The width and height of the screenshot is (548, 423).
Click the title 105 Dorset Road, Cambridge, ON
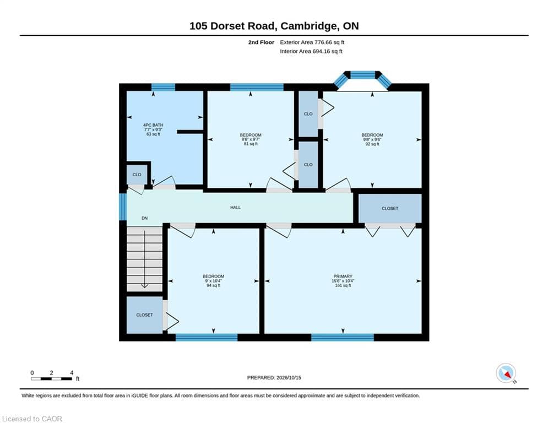(x=274, y=26)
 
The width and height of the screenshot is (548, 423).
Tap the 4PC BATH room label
(x=153, y=129)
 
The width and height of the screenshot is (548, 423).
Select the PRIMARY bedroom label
(x=343, y=281)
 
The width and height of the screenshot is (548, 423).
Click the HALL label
(x=235, y=207)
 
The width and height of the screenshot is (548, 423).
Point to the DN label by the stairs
(x=144, y=218)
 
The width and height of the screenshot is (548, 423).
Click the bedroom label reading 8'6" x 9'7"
(x=251, y=139)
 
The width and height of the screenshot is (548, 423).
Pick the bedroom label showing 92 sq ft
(x=372, y=139)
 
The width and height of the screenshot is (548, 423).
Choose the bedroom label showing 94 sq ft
(x=214, y=281)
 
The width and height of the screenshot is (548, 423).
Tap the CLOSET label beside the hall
(x=390, y=208)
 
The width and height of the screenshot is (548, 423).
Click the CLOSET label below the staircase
(x=144, y=315)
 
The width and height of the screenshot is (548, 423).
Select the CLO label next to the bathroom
(x=137, y=175)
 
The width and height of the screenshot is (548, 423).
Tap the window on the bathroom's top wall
(x=163, y=87)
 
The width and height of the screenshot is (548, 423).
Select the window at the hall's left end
(x=123, y=207)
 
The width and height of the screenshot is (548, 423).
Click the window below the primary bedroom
(x=343, y=337)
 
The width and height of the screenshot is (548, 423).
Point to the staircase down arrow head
(x=144, y=286)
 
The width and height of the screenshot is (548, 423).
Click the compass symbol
(x=506, y=373)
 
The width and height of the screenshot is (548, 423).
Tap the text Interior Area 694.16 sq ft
(x=311, y=51)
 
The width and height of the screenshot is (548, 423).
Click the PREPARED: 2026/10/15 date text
(x=274, y=377)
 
